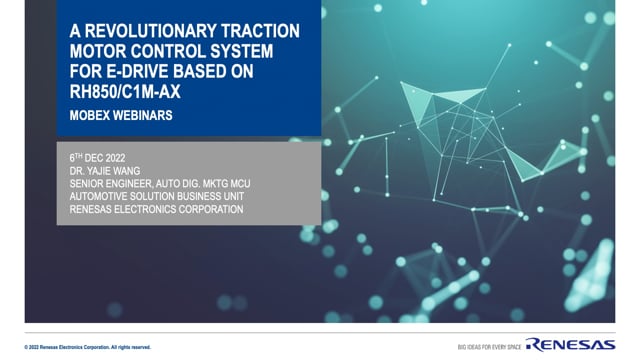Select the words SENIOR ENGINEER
coord(112,183)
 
